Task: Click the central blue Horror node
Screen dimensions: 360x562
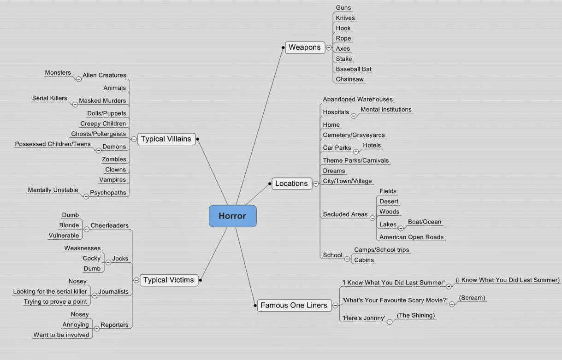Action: (232, 216)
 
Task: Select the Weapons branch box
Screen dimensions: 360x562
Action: (305, 47)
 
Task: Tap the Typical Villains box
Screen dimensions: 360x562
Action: (166, 139)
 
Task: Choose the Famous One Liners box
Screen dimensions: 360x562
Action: (294, 305)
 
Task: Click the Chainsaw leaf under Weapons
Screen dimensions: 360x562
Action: (349, 79)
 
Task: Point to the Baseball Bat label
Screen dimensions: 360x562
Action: (354, 69)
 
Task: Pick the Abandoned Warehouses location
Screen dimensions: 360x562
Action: (358, 99)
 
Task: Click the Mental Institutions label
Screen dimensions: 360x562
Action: (386, 109)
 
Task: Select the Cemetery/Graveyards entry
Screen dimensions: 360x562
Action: (354, 135)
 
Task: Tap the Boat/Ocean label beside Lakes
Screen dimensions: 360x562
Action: (424, 222)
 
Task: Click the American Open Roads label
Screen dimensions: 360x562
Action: (411, 237)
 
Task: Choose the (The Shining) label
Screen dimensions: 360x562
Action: (415, 315)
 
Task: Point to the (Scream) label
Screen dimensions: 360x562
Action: (472, 298)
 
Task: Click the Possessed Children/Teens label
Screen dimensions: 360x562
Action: (53, 144)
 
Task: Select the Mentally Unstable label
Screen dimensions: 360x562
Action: (53, 190)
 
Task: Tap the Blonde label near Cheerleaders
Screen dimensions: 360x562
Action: (69, 225)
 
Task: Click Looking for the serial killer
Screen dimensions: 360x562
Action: (50, 291)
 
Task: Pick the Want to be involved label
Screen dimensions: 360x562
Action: (61, 335)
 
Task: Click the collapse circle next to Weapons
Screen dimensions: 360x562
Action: (329, 47)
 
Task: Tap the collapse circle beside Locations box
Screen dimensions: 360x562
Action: (316, 183)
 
